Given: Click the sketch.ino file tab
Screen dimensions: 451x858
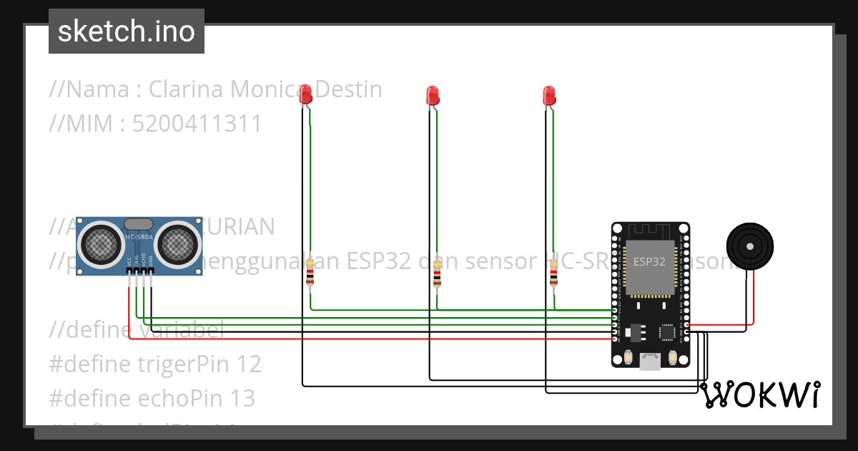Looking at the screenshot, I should tap(127, 31).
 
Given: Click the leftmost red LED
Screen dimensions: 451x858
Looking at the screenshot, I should tap(305, 94).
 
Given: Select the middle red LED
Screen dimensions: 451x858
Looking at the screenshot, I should tap(432, 96).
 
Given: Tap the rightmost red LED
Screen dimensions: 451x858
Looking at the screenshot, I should tap(549, 96).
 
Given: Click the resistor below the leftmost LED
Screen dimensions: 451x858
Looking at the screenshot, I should tap(310, 273).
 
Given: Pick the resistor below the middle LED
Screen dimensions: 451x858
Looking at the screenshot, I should tap(437, 273).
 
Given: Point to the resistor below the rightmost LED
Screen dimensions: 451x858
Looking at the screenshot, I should tap(553, 273).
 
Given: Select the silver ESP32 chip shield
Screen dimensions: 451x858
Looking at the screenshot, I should tap(650, 266).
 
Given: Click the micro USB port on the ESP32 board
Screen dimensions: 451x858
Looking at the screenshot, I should tap(650, 362).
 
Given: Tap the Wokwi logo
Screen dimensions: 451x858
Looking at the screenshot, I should tap(759, 394).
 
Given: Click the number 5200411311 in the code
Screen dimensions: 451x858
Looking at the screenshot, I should tap(197, 124).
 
